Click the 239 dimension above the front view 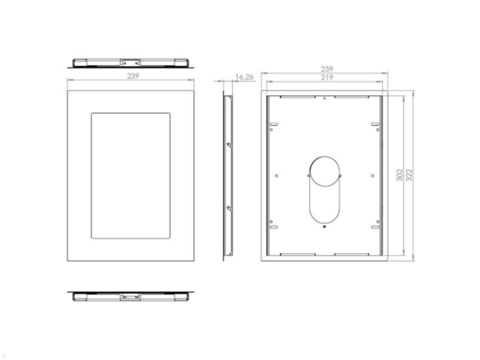tap(133, 76)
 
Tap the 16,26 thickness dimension tap(244, 77)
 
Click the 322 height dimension tap(409, 175)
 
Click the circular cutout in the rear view tap(324, 171)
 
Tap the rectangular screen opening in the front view tap(130, 176)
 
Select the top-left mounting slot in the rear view tap(274, 124)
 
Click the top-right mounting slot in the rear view tap(375, 124)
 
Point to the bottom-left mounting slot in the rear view tap(274, 227)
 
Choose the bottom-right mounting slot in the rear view tap(375, 227)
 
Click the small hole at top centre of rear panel tap(324, 98)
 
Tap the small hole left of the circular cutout tap(277, 176)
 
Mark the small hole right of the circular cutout tap(372, 176)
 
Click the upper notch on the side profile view tap(229, 145)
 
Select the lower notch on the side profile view tap(229, 208)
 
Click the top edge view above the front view tap(130, 63)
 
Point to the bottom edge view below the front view tap(130, 296)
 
